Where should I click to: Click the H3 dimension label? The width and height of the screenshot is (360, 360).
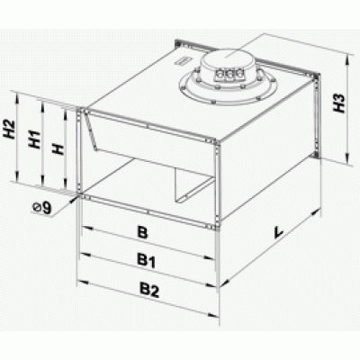tap(339, 103)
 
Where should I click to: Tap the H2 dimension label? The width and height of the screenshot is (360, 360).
tap(9, 130)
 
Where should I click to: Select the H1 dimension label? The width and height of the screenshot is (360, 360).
tap(34, 139)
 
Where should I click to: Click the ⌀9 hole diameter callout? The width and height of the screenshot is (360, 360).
tap(42, 208)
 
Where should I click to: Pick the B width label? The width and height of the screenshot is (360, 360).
tap(142, 232)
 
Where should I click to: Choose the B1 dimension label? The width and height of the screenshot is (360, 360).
tap(147, 260)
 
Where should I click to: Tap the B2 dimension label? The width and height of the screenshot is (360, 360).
tap(149, 290)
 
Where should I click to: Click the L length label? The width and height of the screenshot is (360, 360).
tap(279, 232)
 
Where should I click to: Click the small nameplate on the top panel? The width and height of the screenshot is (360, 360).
tap(182, 60)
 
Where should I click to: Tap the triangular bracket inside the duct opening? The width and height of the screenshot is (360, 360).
tap(189, 185)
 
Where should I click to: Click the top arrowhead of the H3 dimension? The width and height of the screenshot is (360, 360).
tap(347, 59)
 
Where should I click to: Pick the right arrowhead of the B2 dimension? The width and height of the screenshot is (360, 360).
tap(212, 314)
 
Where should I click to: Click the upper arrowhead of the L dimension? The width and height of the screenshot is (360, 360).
tap(315, 212)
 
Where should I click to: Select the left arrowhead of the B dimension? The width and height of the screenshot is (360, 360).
tap(87, 229)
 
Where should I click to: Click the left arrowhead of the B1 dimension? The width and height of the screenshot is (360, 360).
tap(86, 255)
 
